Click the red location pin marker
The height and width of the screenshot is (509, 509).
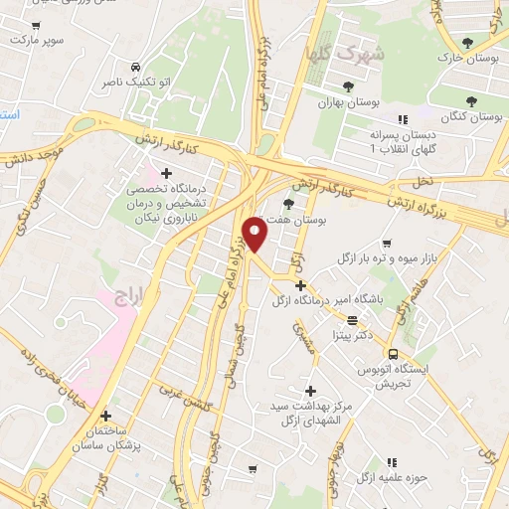click(x=255, y=233)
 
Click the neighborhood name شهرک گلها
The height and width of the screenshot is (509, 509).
click(x=359, y=51)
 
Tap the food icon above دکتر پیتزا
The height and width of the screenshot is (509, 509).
click(x=353, y=319)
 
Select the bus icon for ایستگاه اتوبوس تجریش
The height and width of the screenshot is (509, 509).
click(x=394, y=354)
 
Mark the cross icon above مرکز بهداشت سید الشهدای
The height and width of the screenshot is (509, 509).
click(x=311, y=391)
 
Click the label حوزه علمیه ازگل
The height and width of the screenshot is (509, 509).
click(x=395, y=477)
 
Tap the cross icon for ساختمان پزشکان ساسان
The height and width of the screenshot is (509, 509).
click(x=105, y=416)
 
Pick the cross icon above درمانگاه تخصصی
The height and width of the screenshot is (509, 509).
click(x=179, y=173)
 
